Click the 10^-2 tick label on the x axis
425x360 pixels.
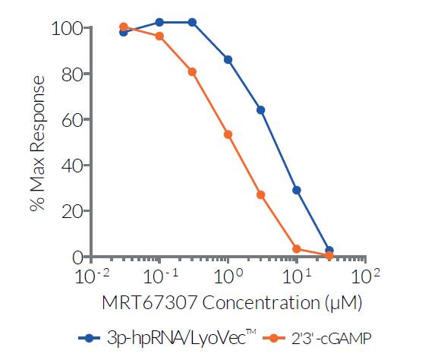tap(90, 274)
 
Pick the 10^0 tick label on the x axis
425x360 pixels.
tap(228, 274)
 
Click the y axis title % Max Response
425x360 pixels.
tap(37, 143)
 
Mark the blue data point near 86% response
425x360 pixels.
tap(228, 59)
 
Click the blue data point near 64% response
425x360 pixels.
tap(260, 110)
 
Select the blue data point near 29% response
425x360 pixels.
tap(297, 190)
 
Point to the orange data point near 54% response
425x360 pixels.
tap(228, 134)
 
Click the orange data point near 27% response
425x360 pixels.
tap(260, 194)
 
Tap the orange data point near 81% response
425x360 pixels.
tap(192, 72)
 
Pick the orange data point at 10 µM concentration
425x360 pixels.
tap(297, 248)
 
